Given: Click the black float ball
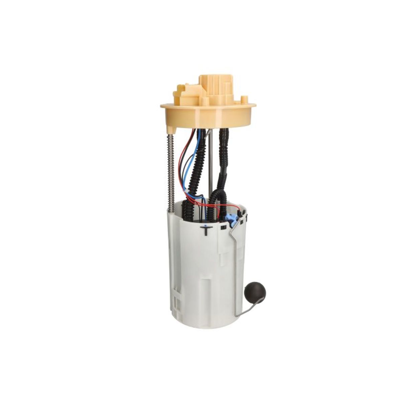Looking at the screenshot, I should [255, 293].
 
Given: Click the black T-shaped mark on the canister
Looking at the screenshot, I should [206, 230].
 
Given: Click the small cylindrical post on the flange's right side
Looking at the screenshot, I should [245, 99].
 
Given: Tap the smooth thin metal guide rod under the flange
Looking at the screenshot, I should [210, 164].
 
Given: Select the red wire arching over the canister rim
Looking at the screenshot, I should [214, 205].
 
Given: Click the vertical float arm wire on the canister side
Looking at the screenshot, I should [236, 267].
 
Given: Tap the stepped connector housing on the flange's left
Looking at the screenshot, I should [185, 94].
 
